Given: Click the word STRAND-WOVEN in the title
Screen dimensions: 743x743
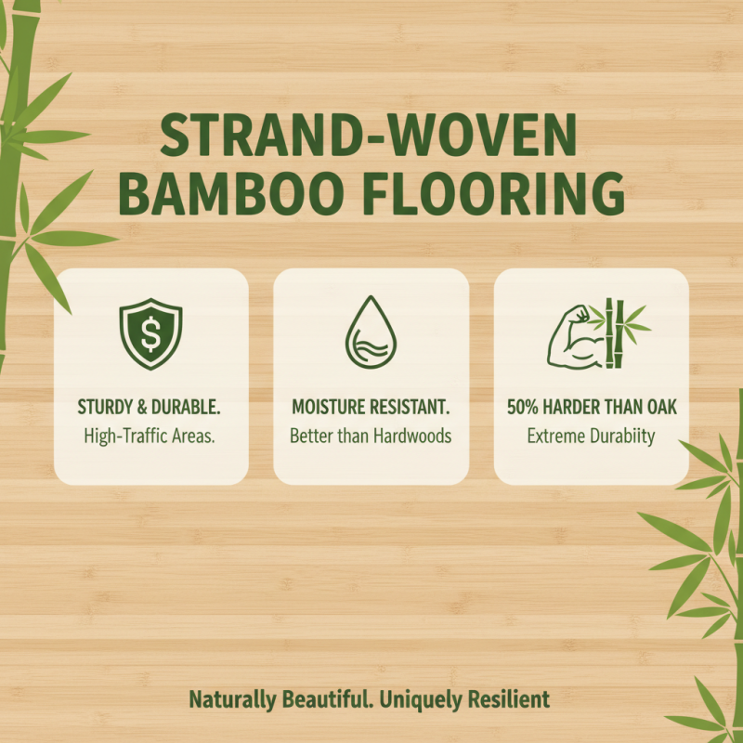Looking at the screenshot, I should [369, 137].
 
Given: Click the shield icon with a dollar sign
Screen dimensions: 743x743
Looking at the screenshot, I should [151, 332].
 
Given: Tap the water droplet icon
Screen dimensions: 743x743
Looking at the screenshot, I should [371, 334].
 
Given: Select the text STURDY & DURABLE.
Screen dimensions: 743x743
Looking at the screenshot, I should [150, 406].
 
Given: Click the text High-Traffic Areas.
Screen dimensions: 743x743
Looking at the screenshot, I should [150, 435].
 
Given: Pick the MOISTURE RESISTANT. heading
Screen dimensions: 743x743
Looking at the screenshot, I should [371, 406].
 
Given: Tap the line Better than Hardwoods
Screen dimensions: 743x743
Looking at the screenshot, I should [371, 435].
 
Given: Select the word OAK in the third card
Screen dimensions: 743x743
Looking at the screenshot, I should [657, 406].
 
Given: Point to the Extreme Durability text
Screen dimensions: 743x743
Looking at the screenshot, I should [591, 435].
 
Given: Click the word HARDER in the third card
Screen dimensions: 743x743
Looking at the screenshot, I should [582, 406].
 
